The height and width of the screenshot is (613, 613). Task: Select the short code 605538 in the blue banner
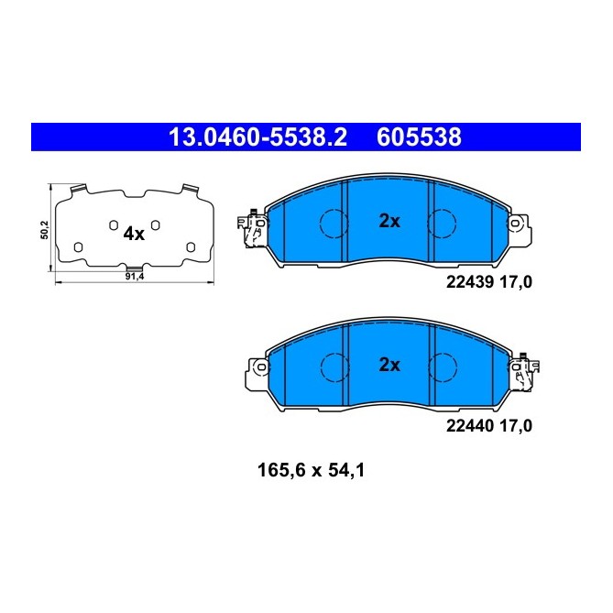coord(418,137)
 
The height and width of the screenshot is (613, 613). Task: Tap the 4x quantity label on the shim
coord(134,234)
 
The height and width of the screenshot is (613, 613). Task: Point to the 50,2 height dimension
coord(44,228)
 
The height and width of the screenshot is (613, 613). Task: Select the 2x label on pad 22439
coord(389,220)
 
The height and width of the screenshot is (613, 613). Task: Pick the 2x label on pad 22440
coord(389,365)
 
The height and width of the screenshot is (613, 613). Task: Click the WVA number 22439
coord(468,283)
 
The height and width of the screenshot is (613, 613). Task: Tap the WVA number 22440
coord(468,426)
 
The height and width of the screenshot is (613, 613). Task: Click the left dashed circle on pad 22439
coord(333,222)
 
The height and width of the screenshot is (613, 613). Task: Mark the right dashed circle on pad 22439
coord(443,222)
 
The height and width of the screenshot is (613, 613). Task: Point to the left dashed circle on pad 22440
coord(333,366)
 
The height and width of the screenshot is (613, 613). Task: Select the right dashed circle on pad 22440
coord(443,366)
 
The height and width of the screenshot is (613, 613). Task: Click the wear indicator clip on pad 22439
coord(248,229)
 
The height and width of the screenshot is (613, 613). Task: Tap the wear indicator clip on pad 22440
coord(527,372)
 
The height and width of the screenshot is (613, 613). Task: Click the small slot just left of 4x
coord(112,225)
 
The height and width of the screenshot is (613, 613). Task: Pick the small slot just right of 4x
coord(156,225)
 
